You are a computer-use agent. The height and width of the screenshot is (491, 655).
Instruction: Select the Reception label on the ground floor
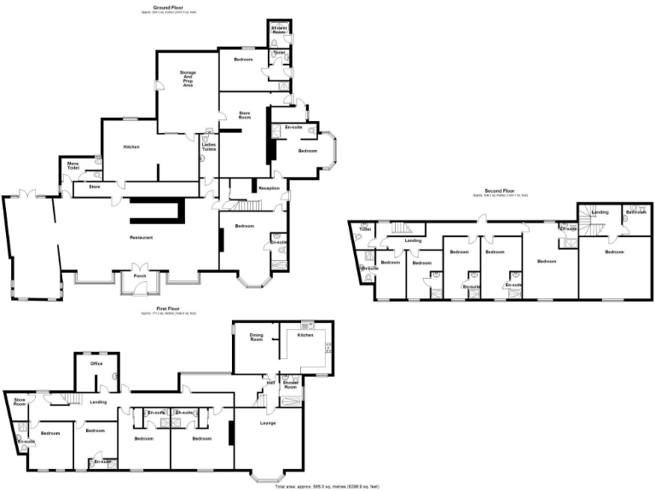(x=270, y=188)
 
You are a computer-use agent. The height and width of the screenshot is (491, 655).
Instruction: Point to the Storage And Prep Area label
(x=188, y=78)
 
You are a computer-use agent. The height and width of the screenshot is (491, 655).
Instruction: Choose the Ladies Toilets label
(x=209, y=147)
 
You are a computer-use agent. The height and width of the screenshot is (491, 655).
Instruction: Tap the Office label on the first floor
(x=96, y=364)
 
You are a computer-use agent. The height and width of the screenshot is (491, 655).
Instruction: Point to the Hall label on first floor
(x=270, y=383)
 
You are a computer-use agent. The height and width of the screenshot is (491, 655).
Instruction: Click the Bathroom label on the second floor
(x=635, y=211)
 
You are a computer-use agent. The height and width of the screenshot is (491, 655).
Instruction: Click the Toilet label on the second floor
(x=364, y=230)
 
